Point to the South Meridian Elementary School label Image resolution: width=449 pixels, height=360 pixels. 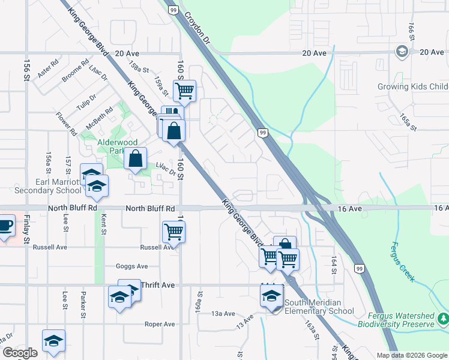[319, 307]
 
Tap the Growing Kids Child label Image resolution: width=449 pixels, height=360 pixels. [412, 87]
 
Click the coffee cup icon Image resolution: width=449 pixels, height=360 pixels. [5, 226]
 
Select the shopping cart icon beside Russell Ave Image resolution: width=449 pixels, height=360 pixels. [173, 230]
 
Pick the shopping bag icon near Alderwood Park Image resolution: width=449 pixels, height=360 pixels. [136, 159]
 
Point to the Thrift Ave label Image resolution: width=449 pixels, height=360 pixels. [158, 285]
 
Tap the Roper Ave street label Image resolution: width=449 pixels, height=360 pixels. [160, 324]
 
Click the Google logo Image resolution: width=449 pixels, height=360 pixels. [19, 353]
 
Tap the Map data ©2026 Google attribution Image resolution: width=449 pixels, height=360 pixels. [411, 355]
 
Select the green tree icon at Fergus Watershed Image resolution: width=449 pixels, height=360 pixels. [443, 318]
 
